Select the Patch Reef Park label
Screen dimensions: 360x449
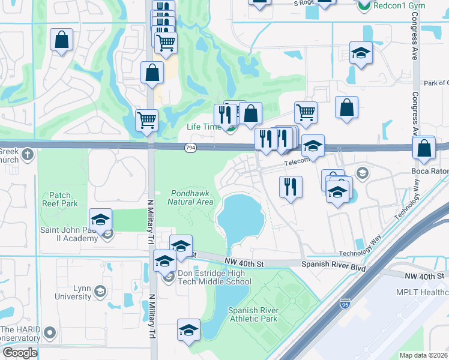60,199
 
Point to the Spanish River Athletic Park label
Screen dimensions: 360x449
253,314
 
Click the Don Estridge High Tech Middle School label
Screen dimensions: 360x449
214,277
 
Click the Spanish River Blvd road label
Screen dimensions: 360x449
333,264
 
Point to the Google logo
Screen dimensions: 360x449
19,353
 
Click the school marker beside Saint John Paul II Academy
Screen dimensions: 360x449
101,219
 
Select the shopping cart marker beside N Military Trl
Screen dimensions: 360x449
146,120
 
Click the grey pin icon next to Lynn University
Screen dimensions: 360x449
100,292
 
